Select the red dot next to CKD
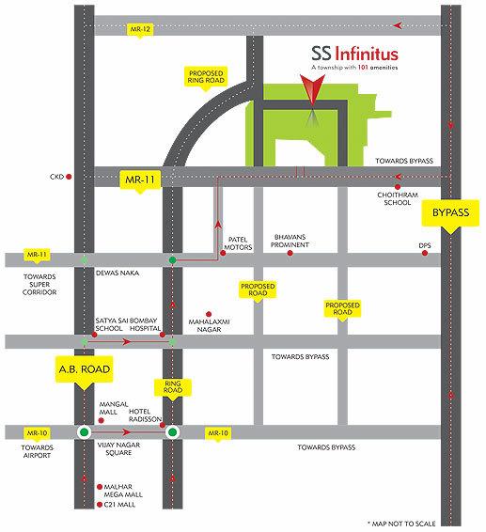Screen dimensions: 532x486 pyautogui.click(x=69, y=175)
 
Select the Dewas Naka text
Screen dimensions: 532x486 pyautogui.click(x=116, y=273)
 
